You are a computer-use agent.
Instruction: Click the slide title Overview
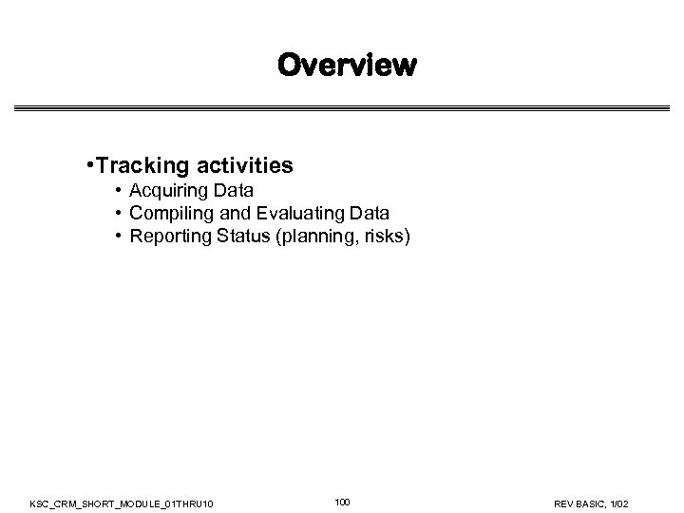click(347, 66)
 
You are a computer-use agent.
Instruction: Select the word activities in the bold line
click(242, 166)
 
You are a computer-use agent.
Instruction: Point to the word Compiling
click(169, 214)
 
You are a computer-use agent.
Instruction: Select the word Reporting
click(169, 235)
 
